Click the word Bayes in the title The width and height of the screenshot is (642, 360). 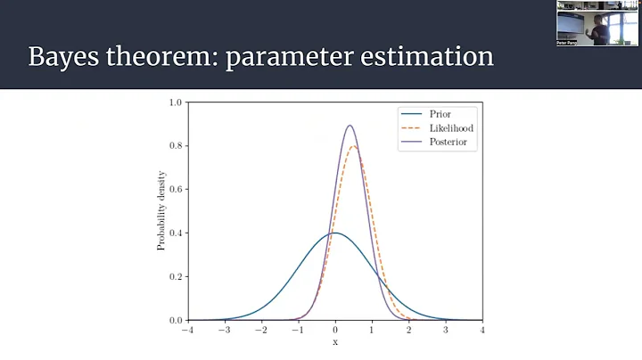pos(65,56)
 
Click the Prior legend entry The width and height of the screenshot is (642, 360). pos(439,114)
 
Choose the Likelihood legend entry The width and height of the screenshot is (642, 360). pos(449,128)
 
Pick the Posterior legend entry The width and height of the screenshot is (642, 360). pos(449,143)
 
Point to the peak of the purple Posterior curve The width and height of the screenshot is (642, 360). pos(350,126)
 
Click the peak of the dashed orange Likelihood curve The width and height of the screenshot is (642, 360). pos(354,146)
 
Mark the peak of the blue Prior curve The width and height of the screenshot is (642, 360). pos(335,233)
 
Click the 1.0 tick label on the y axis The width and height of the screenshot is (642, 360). pos(176,102)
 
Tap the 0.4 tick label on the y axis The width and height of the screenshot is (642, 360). pos(176,233)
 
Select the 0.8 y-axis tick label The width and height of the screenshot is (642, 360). pos(176,146)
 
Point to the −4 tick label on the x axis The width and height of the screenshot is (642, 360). pos(186,331)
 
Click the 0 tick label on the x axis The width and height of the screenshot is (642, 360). pos(335,331)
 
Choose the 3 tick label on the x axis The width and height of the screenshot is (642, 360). pos(446,331)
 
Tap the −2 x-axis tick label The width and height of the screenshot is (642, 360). pos(259,331)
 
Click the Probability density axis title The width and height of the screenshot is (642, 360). pos(161,211)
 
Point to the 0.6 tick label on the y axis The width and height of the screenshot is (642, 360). pos(176,190)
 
